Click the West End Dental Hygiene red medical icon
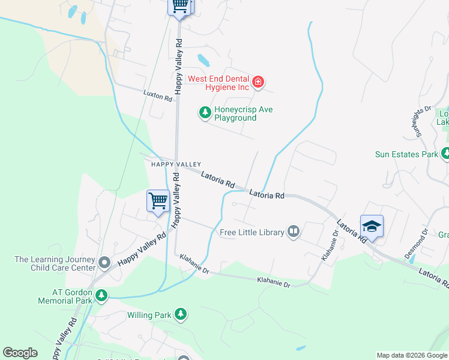[258, 82]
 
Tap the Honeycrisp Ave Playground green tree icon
[205, 112]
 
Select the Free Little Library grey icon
[294, 232]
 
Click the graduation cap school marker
[372, 226]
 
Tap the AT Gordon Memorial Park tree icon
[101, 295]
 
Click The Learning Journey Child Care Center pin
[104, 263]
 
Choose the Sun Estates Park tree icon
[445, 154]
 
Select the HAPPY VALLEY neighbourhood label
[175, 164]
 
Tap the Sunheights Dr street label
[422, 120]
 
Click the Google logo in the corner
[20, 353]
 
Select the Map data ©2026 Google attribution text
[412, 355]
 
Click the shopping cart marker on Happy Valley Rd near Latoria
[158, 200]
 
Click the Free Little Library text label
[252, 232]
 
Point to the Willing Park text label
[149, 314]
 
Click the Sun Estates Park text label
[406, 154]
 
